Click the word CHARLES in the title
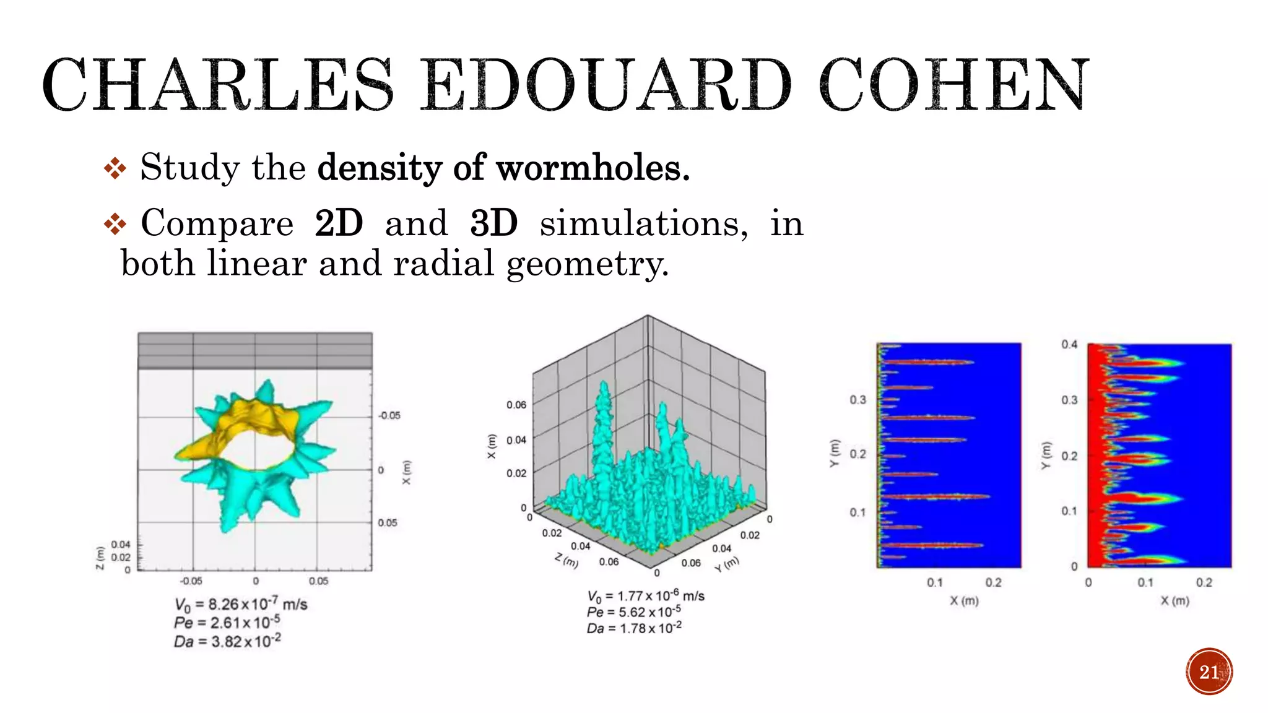pyautogui.click(x=217, y=85)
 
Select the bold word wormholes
pyautogui.click(x=593, y=168)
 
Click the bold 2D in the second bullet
pyautogui.click(x=338, y=223)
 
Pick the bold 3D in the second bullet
pyautogui.click(x=493, y=223)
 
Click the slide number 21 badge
pyautogui.click(x=1209, y=672)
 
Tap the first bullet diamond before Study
pyautogui.click(x=115, y=168)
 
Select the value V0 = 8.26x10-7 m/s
pyautogui.click(x=241, y=604)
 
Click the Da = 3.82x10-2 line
pyautogui.click(x=227, y=641)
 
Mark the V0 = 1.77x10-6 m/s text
pyautogui.click(x=645, y=596)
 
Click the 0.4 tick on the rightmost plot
pyautogui.click(x=1069, y=345)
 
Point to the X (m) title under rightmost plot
pyautogui.click(x=1175, y=601)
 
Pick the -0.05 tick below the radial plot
pyautogui.click(x=191, y=581)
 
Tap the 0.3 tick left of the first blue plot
pyautogui.click(x=858, y=400)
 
